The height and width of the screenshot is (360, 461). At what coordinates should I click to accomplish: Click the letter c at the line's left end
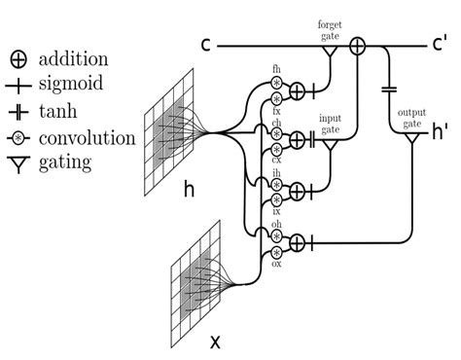206,46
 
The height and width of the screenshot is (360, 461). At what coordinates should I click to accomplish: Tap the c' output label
441,46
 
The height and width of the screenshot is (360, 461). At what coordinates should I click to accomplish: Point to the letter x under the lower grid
215,342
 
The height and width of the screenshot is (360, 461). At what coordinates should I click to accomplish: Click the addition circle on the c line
357,45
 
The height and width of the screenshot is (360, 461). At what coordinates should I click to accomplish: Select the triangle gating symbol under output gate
410,140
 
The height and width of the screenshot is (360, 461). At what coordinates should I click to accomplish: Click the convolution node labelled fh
277,83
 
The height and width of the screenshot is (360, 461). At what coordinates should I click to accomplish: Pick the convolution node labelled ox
277,250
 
